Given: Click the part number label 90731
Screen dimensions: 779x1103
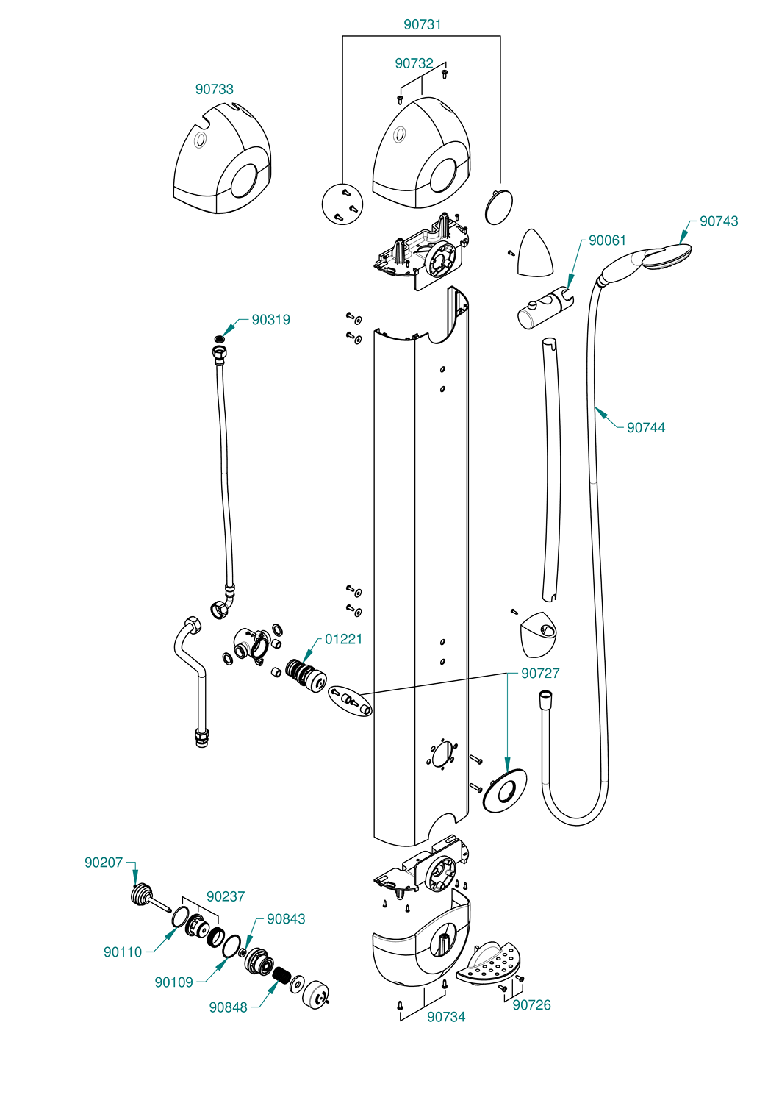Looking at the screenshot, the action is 423,24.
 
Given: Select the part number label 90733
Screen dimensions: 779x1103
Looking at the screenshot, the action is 214,89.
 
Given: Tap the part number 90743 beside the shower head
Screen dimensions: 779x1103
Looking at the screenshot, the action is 719,221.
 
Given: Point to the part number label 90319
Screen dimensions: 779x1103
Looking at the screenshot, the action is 270,320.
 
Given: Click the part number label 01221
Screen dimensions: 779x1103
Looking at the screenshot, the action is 343,639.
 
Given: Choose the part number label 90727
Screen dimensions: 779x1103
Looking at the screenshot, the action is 540,673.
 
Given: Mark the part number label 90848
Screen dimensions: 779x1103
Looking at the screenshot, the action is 228,1007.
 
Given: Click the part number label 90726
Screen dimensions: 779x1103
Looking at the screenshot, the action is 531,1005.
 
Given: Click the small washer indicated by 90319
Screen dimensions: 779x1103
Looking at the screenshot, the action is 218,339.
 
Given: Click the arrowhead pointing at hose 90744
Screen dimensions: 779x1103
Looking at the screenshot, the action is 600,410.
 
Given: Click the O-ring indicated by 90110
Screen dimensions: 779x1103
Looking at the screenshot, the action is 180,916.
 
